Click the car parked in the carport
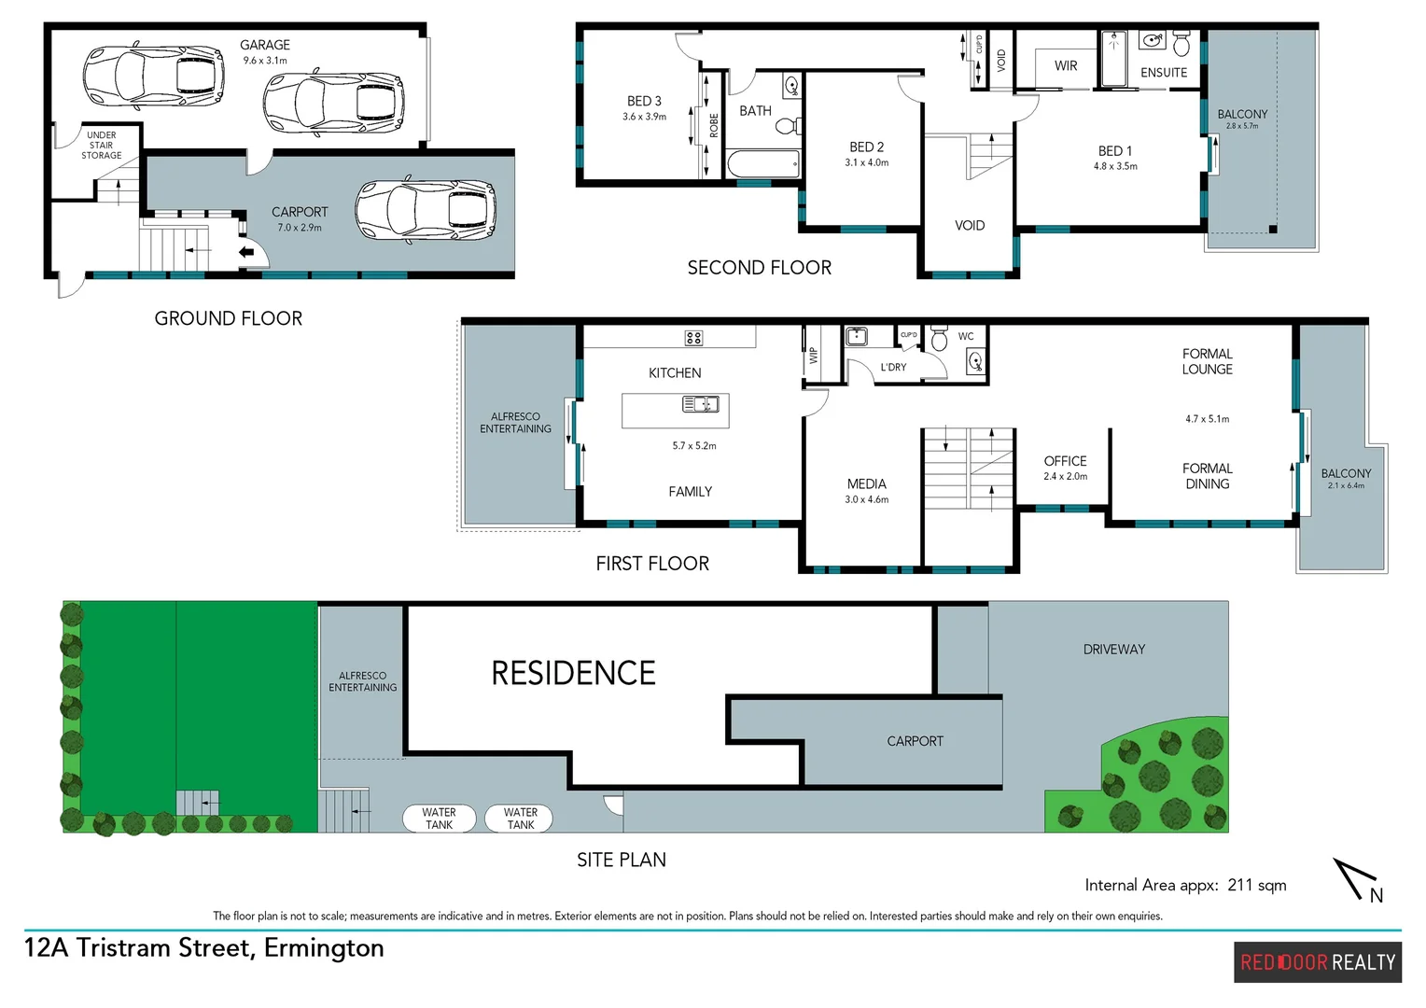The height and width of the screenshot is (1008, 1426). (426, 211)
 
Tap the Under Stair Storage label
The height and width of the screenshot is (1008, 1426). (101, 146)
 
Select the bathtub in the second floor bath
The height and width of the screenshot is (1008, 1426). (762, 164)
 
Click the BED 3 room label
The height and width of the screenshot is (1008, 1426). (644, 101)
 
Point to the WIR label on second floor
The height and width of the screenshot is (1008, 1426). (1066, 66)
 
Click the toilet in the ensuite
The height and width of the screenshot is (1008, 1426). (1181, 44)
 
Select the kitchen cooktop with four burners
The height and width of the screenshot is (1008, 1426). (693, 338)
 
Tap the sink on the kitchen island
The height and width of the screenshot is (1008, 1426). (700, 404)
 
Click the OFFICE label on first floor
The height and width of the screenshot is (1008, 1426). (1065, 461)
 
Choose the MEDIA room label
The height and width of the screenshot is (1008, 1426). (866, 483)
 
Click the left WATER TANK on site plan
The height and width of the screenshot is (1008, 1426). (440, 819)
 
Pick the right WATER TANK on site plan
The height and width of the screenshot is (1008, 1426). (520, 819)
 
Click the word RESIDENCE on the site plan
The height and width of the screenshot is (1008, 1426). (573, 673)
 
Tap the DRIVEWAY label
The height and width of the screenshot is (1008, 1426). (1113, 650)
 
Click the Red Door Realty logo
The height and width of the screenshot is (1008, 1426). (1317, 962)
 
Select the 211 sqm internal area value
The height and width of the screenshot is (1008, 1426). (1256, 885)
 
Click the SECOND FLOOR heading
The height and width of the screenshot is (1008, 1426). (759, 268)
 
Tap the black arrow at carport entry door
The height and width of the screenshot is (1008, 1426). (247, 252)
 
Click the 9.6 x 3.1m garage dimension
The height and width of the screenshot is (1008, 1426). (265, 61)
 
